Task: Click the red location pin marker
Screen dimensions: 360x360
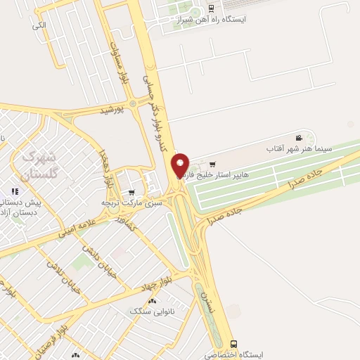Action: pyautogui.click(x=181, y=165)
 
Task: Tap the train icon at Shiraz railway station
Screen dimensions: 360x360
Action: pyautogui.click(x=212, y=8)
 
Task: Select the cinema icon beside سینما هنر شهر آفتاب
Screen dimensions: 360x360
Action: pyautogui.click(x=299, y=138)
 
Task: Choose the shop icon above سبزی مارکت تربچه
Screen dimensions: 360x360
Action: pyautogui.click(x=131, y=192)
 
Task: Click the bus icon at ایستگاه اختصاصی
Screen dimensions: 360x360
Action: pyautogui.click(x=234, y=345)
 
